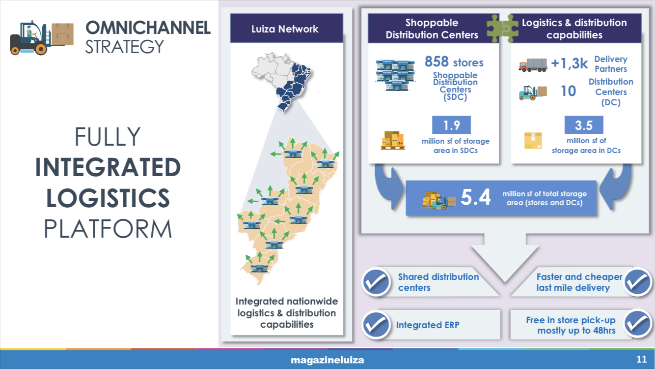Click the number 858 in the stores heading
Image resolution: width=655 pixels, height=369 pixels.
437,61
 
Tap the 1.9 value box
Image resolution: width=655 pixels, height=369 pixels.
451,125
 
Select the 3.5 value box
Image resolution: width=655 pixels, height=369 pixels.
584,125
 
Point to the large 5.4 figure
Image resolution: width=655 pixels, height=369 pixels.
475,197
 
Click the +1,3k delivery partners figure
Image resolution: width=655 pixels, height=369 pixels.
570,63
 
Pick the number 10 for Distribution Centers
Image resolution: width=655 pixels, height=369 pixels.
568,91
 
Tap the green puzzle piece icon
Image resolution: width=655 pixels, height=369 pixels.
502,29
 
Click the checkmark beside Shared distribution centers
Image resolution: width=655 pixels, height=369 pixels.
376,282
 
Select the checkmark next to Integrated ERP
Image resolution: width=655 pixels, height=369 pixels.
376,325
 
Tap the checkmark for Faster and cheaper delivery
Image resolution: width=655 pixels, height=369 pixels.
637,281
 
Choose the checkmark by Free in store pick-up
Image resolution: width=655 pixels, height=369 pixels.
637,324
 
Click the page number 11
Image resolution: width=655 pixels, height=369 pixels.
641,359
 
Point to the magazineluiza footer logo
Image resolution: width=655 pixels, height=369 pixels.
327,360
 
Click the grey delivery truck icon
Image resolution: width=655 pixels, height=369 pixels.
533,65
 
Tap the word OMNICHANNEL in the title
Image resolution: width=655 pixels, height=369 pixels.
148,28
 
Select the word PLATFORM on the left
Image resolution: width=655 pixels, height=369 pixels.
108,229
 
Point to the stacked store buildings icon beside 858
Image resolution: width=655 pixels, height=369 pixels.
395,75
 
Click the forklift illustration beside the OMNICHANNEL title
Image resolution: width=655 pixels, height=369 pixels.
42,38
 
